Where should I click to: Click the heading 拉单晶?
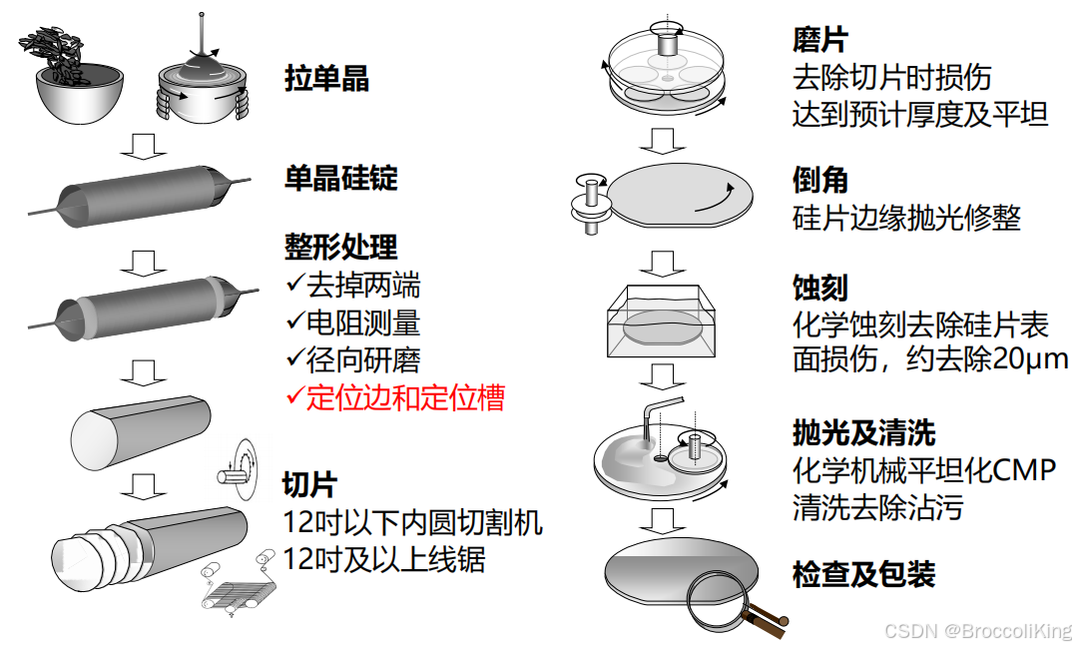326,79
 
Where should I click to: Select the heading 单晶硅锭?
340,178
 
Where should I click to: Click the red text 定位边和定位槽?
405,397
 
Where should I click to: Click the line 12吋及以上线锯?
384,559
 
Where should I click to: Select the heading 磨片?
820,41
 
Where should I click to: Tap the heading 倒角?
820,180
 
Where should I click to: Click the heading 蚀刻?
820,289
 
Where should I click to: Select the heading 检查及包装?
863,575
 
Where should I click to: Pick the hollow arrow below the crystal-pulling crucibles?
143,145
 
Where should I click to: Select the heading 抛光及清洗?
863,433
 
